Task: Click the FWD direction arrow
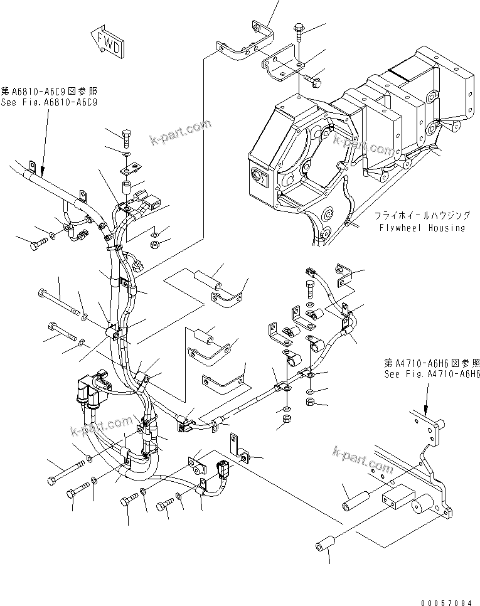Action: coord(107,42)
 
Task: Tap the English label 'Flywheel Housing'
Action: coord(422,227)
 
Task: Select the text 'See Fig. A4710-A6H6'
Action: coord(432,373)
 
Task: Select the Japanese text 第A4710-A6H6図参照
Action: coord(432,363)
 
